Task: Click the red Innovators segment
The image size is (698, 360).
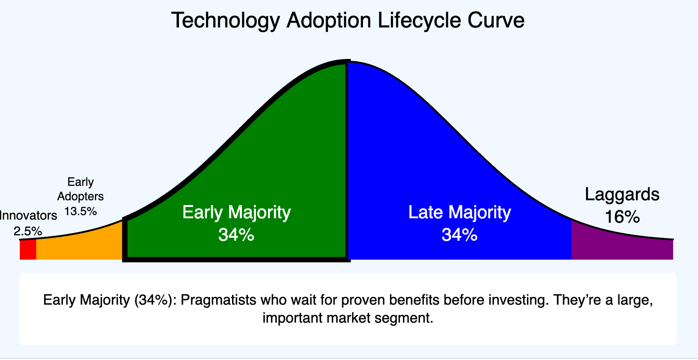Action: pos(28,250)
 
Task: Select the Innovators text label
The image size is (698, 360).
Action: pos(28,215)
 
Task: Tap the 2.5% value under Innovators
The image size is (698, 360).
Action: pos(28,231)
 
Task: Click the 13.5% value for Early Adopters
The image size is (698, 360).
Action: pos(81,211)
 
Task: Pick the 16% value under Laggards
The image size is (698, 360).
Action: pos(622,217)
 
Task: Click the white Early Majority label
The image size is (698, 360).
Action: pos(237,212)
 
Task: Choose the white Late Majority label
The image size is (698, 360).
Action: pos(460,212)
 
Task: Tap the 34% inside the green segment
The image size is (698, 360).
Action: pos(236,234)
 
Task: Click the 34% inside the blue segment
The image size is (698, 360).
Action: pos(459,234)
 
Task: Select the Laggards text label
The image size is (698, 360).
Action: pos(622,194)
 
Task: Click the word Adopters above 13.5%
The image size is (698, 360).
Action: pos(81,196)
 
